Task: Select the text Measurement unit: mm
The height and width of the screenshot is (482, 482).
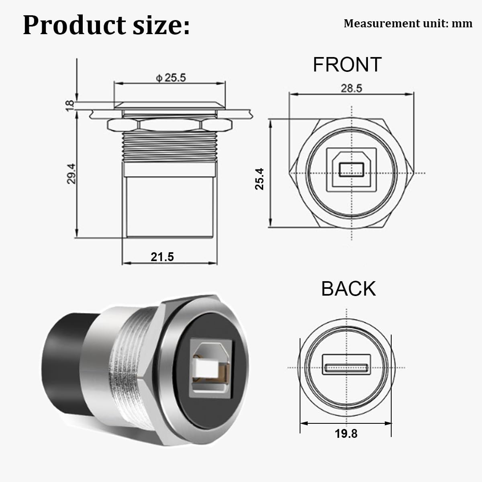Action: click(x=408, y=23)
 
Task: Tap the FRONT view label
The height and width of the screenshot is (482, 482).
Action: click(x=347, y=65)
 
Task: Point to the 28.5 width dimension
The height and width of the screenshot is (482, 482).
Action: click(x=351, y=88)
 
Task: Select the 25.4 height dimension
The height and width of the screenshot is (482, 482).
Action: click(x=260, y=179)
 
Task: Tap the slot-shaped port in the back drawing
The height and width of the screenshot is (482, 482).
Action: click(x=346, y=368)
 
